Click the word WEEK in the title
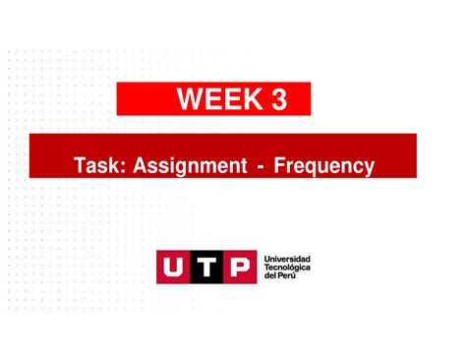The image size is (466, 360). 215,99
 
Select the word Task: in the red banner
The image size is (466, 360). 97,166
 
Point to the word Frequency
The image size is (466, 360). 324,166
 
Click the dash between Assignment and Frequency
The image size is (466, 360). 259,167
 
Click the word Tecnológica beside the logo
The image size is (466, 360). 288,268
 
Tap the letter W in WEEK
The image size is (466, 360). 191,99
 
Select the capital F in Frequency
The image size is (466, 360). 280,166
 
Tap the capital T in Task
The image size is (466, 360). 79,166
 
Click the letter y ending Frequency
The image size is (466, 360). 369,168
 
